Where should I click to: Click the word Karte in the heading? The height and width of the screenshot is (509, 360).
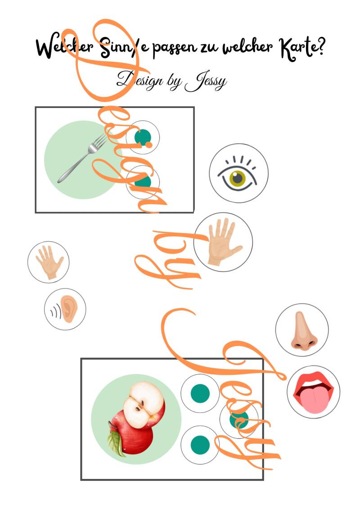point(297,49)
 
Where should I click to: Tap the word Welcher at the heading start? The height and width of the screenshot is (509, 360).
point(65,48)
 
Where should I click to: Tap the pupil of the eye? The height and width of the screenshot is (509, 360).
point(238,178)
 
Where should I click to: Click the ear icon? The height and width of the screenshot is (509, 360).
point(68,309)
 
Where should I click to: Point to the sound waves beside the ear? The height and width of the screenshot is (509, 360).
point(55,312)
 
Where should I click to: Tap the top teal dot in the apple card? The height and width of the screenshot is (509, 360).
point(200,393)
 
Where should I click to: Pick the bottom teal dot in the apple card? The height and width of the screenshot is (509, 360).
point(200,445)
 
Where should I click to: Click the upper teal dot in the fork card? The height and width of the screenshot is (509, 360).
point(143,137)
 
